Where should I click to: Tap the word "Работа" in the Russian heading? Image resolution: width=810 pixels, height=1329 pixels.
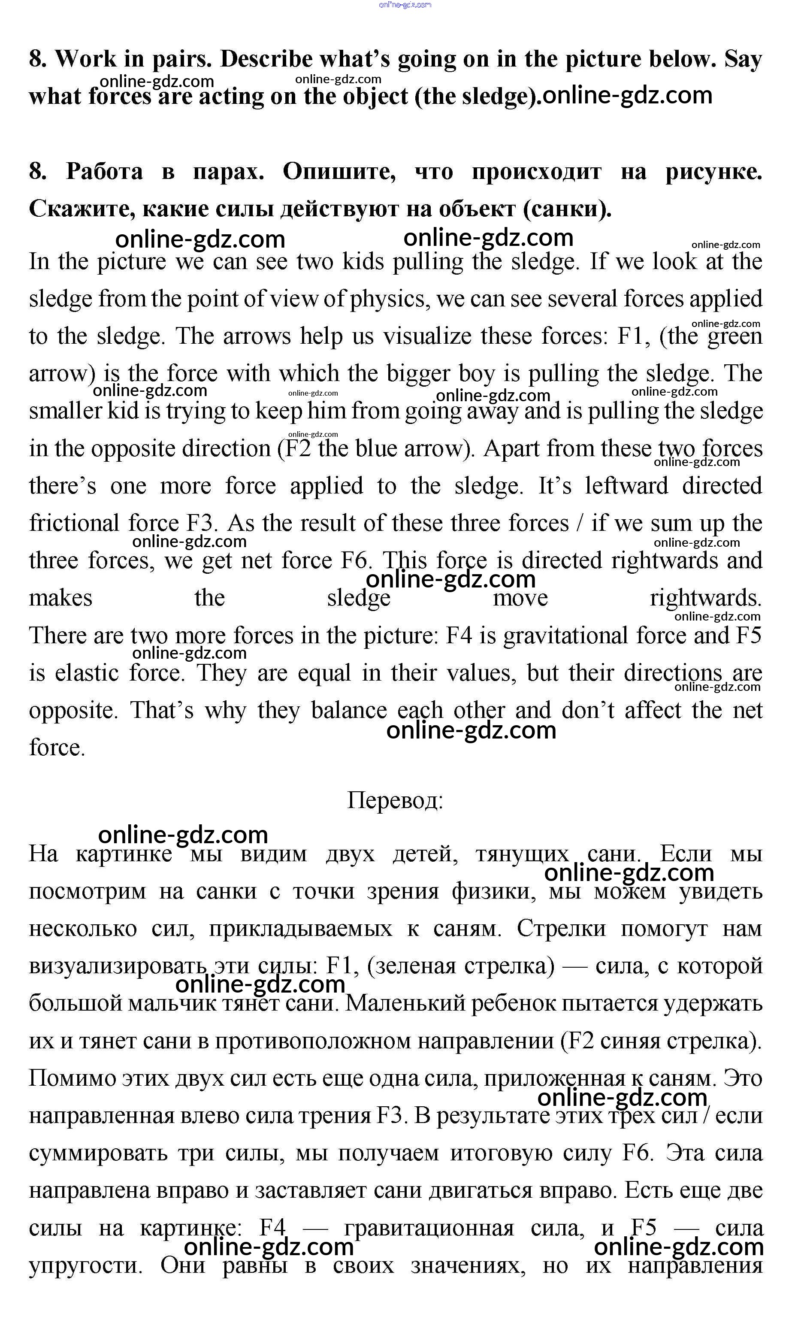(x=105, y=172)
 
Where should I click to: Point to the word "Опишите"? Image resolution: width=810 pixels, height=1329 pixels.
(x=339, y=172)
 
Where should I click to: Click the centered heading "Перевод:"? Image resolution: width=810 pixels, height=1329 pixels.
(x=395, y=800)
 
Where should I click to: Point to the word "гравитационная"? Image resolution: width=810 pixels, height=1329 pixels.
(x=429, y=1228)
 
